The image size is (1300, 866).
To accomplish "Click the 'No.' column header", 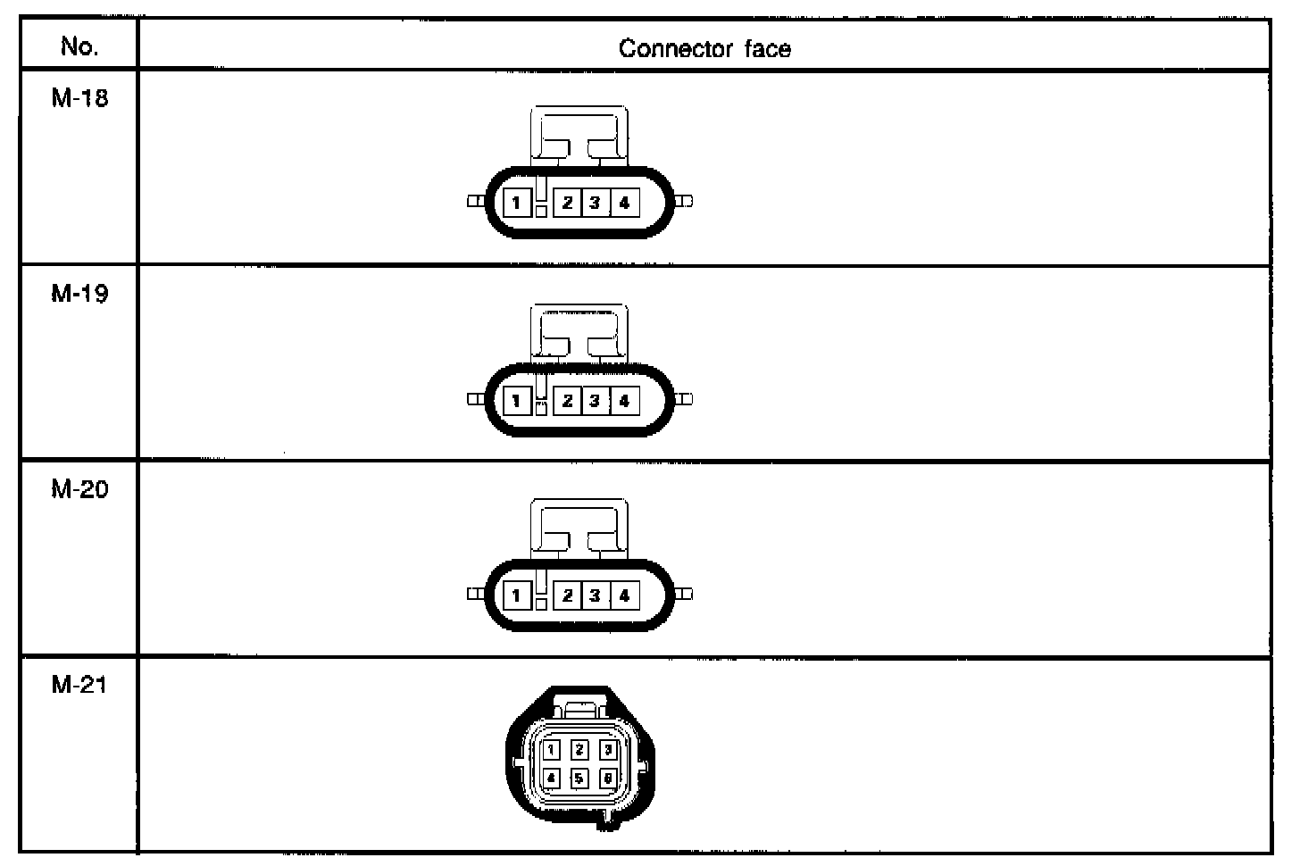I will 79,46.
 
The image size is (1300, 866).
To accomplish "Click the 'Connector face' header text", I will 704,48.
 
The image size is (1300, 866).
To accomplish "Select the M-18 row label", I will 79,98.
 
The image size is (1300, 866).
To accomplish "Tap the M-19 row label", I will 79,294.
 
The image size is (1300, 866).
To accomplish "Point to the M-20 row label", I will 79,489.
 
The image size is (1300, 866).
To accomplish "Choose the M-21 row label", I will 79,685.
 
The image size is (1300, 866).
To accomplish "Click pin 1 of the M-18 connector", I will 516,203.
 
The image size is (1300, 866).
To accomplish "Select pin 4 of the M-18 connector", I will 624,203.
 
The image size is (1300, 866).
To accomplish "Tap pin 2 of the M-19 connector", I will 567,401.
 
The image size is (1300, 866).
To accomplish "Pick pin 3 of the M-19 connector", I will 595,401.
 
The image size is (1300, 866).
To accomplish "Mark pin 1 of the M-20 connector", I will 516,595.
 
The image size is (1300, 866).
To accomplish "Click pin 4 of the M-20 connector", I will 624,595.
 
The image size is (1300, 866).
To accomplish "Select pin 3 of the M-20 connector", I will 595,595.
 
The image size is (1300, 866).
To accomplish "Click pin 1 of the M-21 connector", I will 552,750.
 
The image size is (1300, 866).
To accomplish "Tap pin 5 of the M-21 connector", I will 579,779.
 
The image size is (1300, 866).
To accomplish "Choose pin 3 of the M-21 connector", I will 607,750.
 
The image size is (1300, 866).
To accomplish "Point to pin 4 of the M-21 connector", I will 552,779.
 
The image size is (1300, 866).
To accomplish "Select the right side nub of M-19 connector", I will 685,399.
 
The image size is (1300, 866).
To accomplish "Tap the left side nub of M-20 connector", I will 475,594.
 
